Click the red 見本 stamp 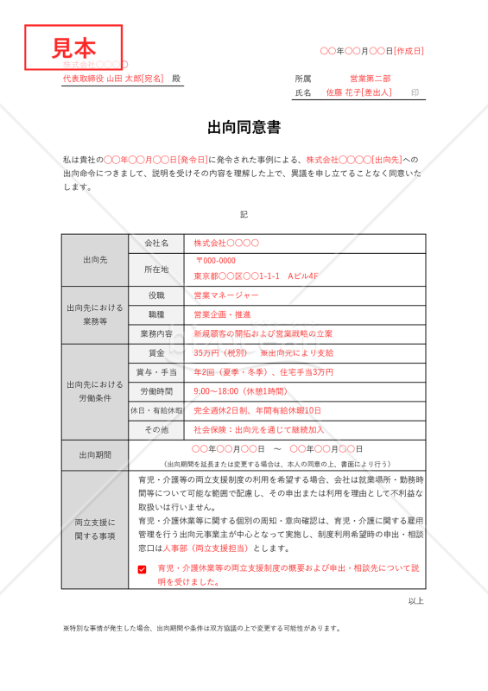click(x=73, y=47)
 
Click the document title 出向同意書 click(x=244, y=129)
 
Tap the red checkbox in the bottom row click(x=142, y=569)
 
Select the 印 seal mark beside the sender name click(x=415, y=92)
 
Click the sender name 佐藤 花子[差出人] click(x=358, y=92)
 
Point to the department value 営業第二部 click(x=370, y=78)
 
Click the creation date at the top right click(x=371, y=52)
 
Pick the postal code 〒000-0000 click(x=216, y=261)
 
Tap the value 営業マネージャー click(x=226, y=295)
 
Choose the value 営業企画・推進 click(x=222, y=314)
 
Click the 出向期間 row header click(x=95, y=455)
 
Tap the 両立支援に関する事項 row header click(x=95, y=529)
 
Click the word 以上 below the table click(x=415, y=601)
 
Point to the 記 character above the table click(x=244, y=214)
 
